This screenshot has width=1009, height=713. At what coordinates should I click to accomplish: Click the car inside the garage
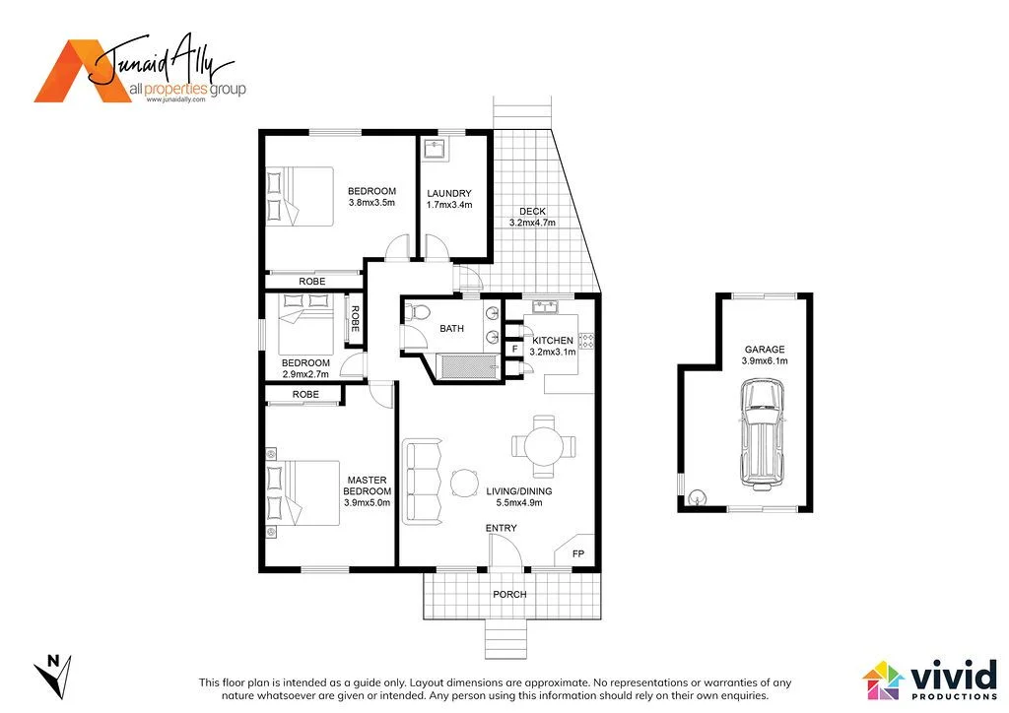(x=764, y=434)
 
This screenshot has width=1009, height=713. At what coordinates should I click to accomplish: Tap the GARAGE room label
(x=765, y=350)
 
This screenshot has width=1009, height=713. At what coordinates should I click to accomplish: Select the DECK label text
(x=532, y=212)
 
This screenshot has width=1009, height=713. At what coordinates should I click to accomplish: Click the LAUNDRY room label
(x=449, y=193)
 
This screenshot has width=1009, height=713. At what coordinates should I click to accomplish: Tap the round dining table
(x=543, y=445)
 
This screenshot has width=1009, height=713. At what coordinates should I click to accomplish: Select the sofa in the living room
(x=423, y=482)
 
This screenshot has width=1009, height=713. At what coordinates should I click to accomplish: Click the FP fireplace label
(x=578, y=554)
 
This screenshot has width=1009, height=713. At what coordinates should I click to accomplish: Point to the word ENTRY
(x=501, y=529)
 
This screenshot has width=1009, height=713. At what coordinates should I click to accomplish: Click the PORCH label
(x=510, y=594)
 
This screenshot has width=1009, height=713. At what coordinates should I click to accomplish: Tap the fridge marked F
(x=514, y=348)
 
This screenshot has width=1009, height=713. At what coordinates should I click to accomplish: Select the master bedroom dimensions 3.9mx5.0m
(x=367, y=502)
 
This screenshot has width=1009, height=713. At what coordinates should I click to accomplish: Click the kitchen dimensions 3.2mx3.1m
(x=552, y=352)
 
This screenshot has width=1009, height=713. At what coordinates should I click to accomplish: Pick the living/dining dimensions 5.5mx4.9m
(x=518, y=502)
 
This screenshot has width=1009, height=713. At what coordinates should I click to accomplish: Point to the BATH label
(x=452, y=329)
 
